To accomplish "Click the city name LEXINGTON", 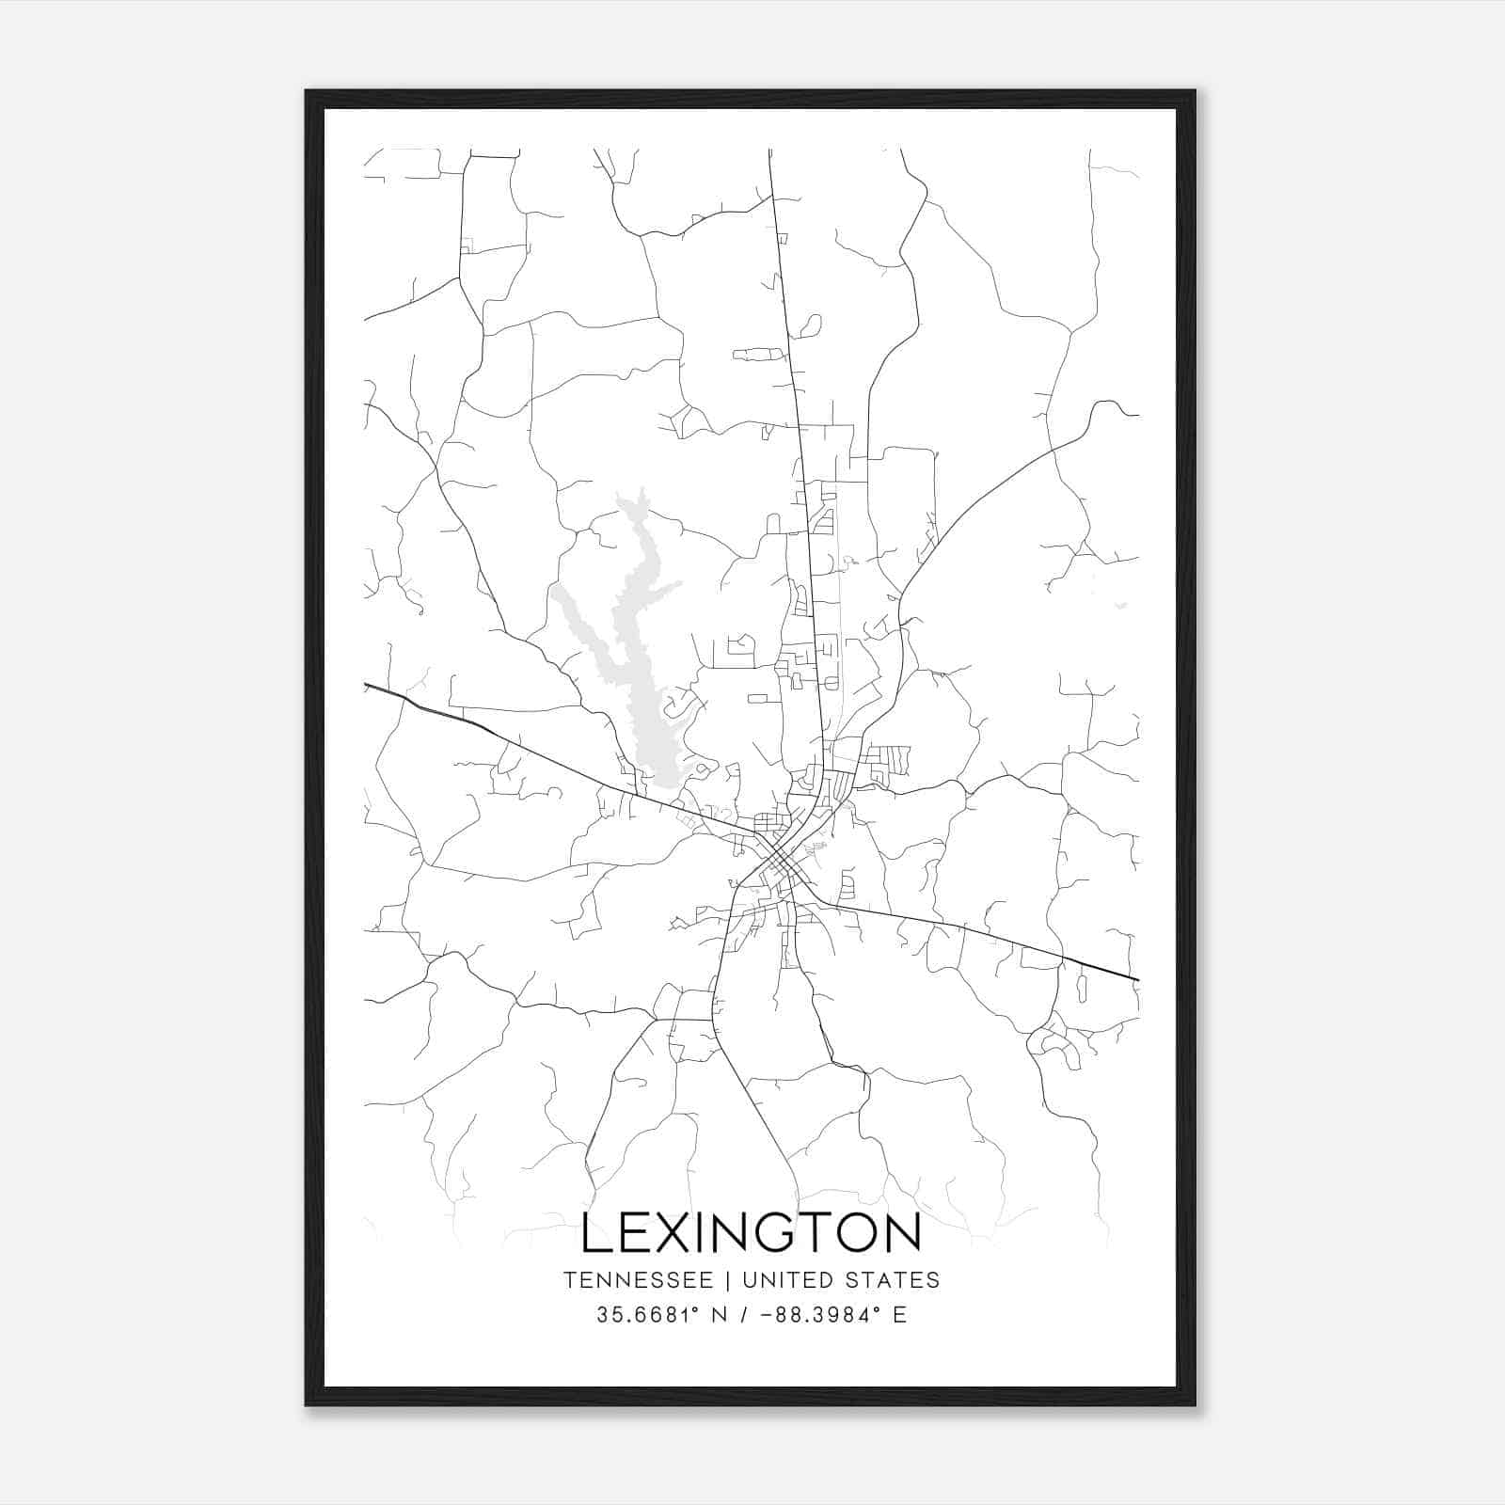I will (751, 1232).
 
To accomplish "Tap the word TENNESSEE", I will (637, 1280).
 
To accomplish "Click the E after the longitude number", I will (900, 1316).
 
